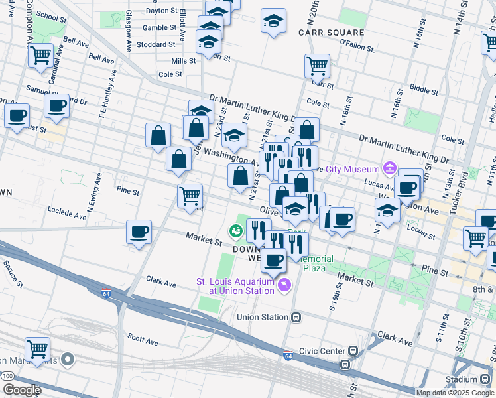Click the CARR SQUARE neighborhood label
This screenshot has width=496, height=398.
(331, 33)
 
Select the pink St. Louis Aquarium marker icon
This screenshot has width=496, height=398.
(284, 285)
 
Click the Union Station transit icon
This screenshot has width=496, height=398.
(297, 317)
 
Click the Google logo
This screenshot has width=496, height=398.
(22, 390)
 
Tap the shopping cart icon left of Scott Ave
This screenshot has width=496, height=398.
(37, 348)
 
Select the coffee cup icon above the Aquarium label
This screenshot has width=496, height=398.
(273, 259)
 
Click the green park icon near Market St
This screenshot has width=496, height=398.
(235, 232)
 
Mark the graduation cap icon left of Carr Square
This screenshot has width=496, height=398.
(273, 20)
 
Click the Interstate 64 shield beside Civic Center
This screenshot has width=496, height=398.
(287, 354)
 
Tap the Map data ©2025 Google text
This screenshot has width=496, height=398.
(455, 393)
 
